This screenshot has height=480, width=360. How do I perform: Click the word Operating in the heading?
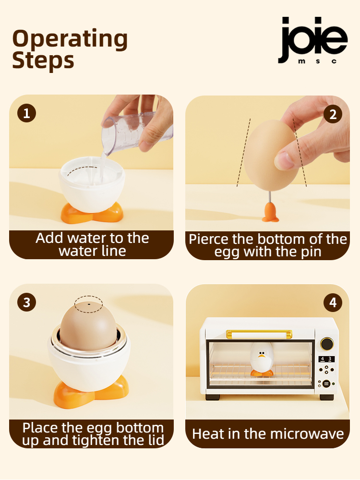pos(70,39)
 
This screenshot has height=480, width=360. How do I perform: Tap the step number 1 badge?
pos(26,113)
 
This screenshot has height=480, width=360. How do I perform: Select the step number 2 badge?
pos(333,114)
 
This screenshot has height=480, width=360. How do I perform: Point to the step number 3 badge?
pos(26,302)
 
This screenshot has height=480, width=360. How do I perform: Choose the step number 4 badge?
pos(333,302)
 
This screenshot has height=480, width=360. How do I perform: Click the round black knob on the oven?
pos(327,344)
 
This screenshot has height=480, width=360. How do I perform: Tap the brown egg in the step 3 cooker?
pos(88,326)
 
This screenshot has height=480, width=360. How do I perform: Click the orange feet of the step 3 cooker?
pos(91,389)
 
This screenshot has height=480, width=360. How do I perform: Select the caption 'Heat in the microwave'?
pos(268,434)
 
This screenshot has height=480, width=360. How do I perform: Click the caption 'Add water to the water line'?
pos(92,244)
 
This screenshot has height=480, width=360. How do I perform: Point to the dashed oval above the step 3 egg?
pos(88,302)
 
